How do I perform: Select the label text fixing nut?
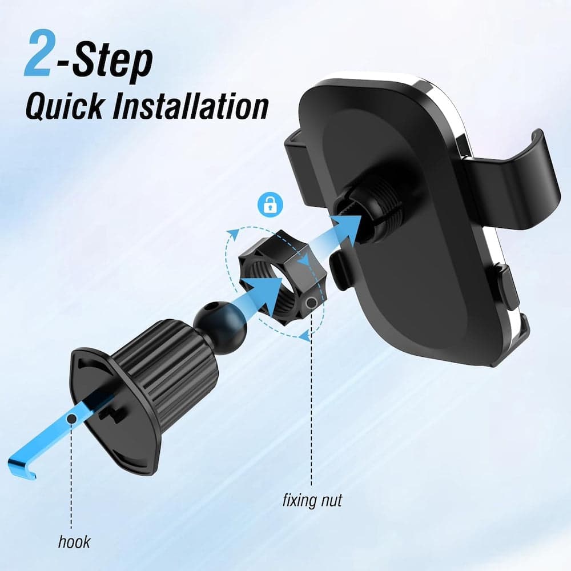[312, 501]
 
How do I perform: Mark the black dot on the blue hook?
[72, 420]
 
